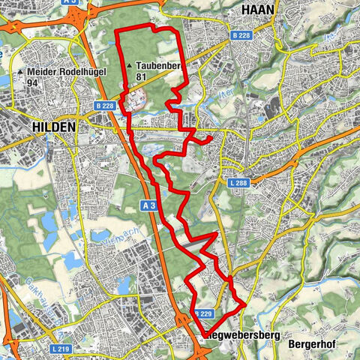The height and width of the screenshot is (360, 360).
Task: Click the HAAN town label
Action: pos(259,8)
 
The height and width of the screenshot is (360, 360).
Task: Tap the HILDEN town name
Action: pos(54,127)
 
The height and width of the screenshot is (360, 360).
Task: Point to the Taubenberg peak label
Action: pos(160,65)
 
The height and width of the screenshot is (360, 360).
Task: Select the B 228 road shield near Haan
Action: pos(240,35)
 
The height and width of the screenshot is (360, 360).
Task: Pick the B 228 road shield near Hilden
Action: pos(104,106)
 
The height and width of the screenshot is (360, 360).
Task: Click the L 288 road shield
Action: pos(238,183)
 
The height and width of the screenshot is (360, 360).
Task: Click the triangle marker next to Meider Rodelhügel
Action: pos(20,72)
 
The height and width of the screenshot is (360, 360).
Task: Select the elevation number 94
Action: pos(31,83)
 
